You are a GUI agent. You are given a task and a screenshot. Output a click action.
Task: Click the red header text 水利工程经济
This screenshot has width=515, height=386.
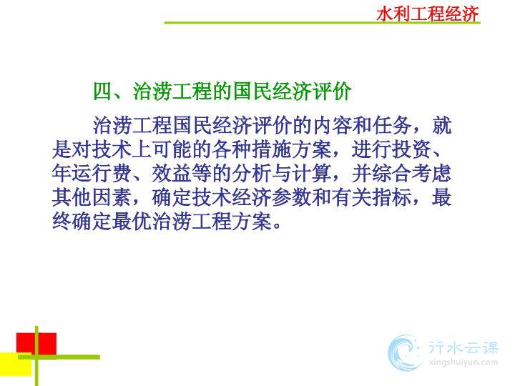[427, 14]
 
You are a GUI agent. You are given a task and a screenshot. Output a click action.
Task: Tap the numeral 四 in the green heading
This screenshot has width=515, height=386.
[103, 91]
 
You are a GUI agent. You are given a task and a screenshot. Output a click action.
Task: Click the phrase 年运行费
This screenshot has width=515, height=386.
[92, 173]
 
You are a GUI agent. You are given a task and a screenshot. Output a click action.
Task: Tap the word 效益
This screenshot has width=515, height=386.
[172, 173]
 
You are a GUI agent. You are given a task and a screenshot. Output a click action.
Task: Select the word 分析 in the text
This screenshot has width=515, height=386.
[252, 173]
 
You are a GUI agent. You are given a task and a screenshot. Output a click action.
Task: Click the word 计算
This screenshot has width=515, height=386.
[312, 173]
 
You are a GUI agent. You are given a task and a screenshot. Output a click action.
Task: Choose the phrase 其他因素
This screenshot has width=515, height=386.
[92, 197]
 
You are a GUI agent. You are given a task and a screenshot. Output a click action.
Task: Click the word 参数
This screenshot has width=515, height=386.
[292, 197]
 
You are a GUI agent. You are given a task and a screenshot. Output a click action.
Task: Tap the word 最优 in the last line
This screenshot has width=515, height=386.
[132, 222]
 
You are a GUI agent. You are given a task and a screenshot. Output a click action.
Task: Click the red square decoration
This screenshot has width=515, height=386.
[36, 344]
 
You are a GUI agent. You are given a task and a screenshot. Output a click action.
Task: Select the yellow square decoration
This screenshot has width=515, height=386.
[16, 364]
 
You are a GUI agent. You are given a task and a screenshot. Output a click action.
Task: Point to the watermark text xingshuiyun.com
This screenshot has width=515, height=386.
[463, 362]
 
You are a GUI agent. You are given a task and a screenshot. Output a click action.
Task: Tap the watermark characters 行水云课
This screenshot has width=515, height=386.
[463, 348]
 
